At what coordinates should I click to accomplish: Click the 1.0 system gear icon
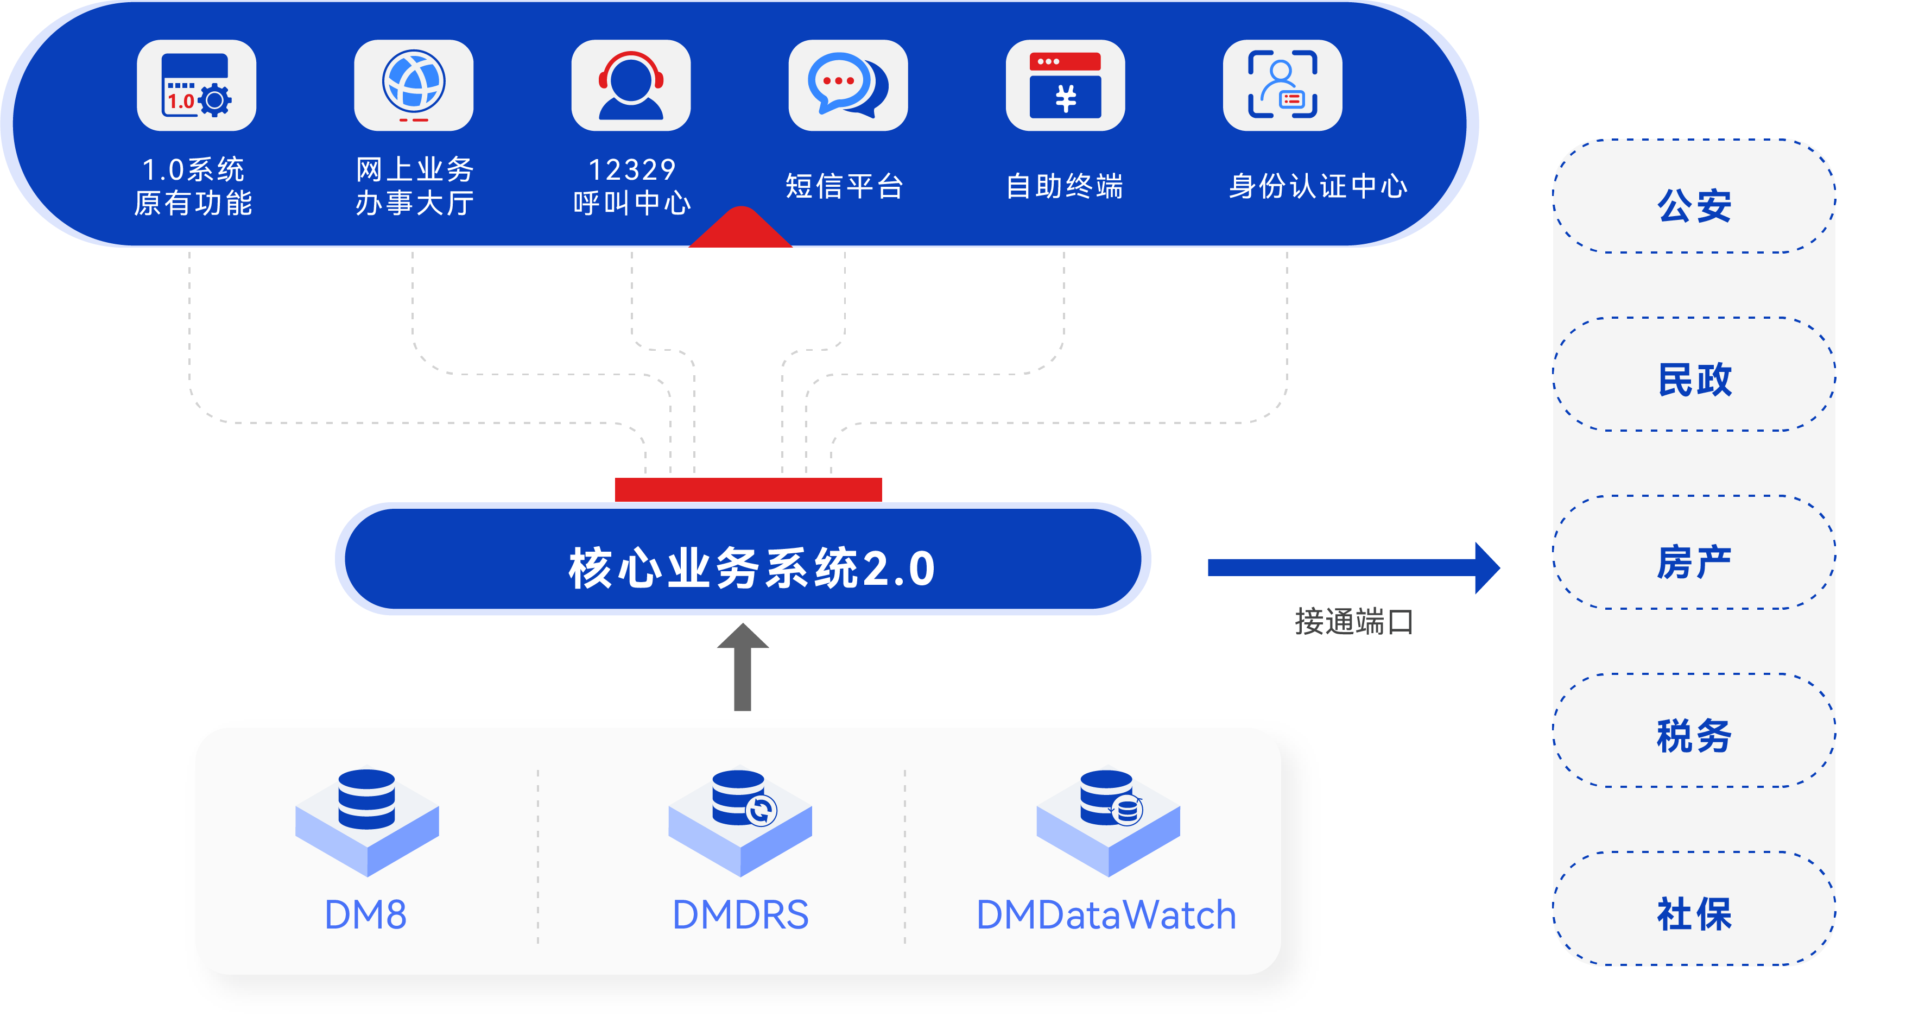(x=197, y=85)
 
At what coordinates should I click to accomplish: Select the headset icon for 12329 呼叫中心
(x=631, y=85)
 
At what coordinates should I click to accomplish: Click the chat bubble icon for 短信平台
(x=847, y=85)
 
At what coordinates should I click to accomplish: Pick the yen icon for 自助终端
(x=1065, y=85)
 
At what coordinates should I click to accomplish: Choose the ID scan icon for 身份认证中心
(x=1282, y=85)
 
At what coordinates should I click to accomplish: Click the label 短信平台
(x=845, y=186)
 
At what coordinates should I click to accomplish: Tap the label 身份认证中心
(x=1318, y=186)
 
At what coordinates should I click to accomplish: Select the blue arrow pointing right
(x=1353, y=568)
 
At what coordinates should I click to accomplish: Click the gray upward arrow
(x=742, y=667)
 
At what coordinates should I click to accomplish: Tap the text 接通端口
(x=1353, y=622)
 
